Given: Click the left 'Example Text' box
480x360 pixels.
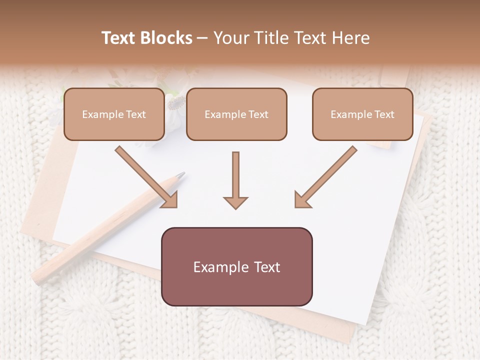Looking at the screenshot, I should (x=114, y=114).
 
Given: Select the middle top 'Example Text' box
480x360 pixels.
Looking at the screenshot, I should (x=236, y=114).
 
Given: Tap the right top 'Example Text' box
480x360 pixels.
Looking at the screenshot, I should (x=362, y=114).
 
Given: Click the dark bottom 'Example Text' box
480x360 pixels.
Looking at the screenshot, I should (x=236, y=267).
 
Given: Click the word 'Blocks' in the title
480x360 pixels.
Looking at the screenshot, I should (x=166, y=38).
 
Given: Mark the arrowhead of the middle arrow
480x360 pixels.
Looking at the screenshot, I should (x=235, y=202).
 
